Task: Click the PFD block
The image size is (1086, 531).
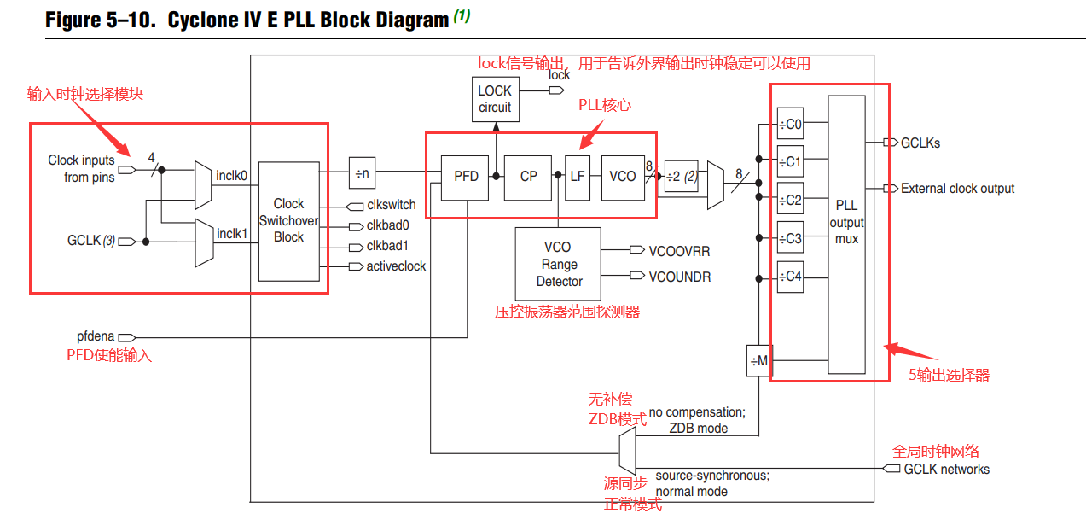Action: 466,176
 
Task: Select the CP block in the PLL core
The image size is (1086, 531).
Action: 528,176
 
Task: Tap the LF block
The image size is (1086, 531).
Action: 578,176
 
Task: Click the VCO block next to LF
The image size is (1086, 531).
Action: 623,176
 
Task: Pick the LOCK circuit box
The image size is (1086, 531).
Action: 495,99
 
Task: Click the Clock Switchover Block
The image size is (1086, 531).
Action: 288,221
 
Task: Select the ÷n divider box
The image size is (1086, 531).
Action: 363,173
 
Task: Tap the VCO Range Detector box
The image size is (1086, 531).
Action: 558,264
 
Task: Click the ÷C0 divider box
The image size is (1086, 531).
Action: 790,124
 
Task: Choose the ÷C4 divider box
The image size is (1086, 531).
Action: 790,277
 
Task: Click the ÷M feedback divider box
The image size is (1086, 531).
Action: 758,360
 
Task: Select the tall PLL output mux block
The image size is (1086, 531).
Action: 846,234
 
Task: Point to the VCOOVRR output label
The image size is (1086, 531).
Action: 679,251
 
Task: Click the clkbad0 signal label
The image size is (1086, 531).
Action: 388,226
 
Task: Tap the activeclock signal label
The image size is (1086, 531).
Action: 396,266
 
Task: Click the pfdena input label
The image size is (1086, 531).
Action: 96,336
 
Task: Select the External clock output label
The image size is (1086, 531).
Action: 957,189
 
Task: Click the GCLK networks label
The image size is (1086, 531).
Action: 946,469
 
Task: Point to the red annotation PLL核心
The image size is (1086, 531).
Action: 605,105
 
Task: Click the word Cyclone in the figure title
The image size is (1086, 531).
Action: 201,20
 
